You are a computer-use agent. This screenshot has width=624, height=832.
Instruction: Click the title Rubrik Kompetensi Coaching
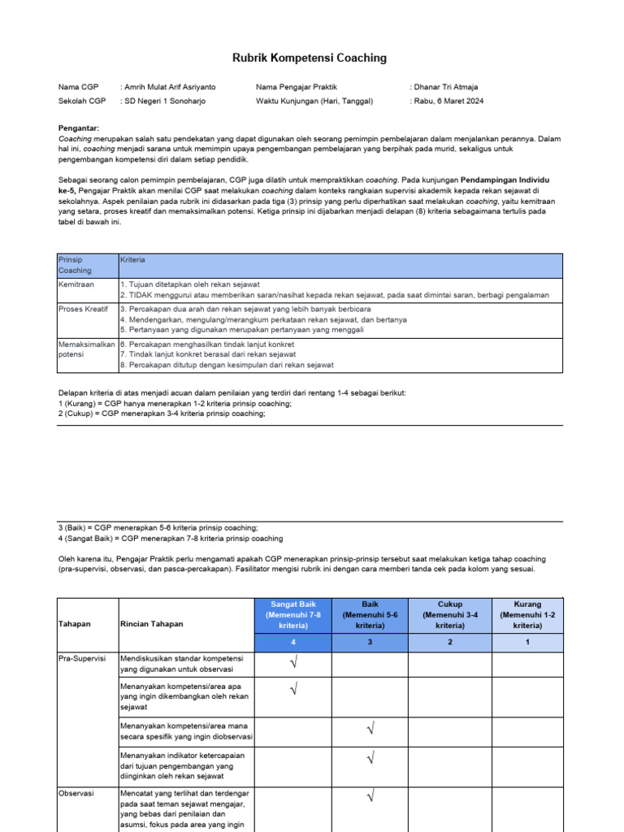(x=311, y=58)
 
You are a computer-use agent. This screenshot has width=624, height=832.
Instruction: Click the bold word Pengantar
(x=79, y=128)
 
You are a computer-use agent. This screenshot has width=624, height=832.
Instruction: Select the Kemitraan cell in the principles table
(x=76, y=285)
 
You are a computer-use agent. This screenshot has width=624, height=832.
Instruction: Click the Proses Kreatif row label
(x=83, y=310)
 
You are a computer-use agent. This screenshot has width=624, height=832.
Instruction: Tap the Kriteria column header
(x=132, y=260)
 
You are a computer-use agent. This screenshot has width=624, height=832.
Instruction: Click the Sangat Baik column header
(x=292, y=614)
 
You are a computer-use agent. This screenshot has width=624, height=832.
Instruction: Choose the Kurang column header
(x=527, y=614)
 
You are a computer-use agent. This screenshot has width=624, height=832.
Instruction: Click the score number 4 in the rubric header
(x=292, y=642)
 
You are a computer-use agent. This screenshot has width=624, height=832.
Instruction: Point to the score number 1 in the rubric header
(x=527, y=642)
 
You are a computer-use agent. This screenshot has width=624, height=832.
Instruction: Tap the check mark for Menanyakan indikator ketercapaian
(x=370, y=758)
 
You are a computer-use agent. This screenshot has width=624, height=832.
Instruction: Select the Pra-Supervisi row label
(x=82, y=660)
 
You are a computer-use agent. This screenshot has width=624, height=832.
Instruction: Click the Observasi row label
(x=78, y=791)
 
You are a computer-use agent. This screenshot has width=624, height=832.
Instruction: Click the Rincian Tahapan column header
(x=152, y=624)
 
